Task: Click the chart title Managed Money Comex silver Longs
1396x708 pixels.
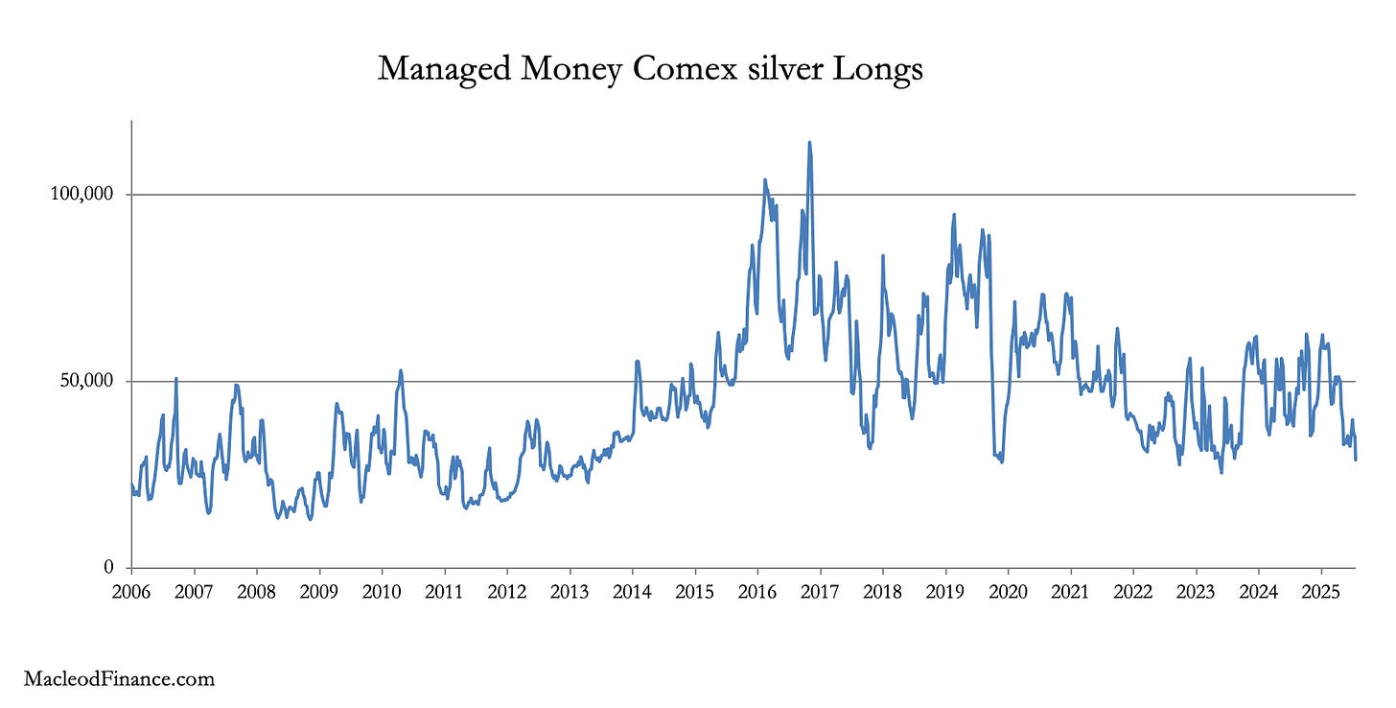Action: click(650, 69)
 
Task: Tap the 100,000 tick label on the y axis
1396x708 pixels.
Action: click(81, 195)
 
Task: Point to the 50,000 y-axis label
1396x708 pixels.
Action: click(85, 382)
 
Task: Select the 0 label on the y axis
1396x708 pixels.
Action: click(108, 568)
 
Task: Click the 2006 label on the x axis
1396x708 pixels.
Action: click(131, 590)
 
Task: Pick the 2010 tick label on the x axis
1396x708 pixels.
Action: click(382, 590)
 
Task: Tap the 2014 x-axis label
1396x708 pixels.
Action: click(632, 590)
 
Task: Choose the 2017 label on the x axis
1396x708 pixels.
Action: click(820, 590)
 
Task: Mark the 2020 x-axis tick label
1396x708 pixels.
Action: click(1008, 590)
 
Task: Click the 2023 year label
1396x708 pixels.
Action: click(1196, 590)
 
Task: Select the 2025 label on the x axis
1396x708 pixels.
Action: click(1320, 590)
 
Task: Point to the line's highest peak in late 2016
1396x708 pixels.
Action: click(809, 143)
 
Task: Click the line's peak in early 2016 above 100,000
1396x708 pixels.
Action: click(765, 179)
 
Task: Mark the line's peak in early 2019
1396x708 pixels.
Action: click(953, 215)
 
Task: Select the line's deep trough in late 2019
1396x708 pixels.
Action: click(1001, 461)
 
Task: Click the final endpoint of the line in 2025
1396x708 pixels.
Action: click(1355, 460)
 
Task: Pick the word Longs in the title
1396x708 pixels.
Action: click(885, 69)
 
